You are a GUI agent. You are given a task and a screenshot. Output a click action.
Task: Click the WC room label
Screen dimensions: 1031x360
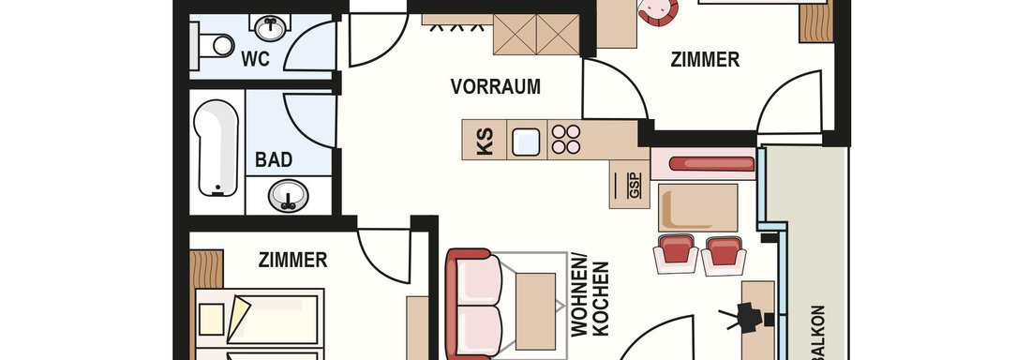pyautogui.click(x=255, y=59)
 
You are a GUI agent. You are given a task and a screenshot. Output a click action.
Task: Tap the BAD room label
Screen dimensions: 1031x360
pyautogui.click(x=274, y=160)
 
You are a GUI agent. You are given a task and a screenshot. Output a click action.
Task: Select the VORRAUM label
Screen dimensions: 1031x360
pyautogui.click(x=495, y=86)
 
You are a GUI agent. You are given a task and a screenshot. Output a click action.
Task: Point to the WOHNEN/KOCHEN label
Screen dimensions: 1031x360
pyautogui.click(x=590, y=299)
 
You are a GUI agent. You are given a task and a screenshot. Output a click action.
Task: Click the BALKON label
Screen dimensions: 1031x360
pyautogui.click(x=818, y=333)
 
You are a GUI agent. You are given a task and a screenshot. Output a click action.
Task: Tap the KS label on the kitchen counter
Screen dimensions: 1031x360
pyautogui.click(x=485, y=142)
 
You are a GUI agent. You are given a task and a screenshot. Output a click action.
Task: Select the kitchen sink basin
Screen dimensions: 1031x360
pyautogui.click(x=526, y=142)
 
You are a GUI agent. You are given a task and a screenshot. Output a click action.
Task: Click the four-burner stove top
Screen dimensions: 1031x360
pyautogui.click(x=566, y=139)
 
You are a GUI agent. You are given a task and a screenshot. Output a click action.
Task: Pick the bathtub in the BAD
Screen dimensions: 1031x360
pyautogui.click(x=217, y=148)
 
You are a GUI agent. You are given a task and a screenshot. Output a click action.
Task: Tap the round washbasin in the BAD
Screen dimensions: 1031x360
pyautogui.click(x=288, y=195)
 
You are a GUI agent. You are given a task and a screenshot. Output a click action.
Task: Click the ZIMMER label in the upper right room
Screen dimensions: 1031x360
pyautogui.click(x=705, y=60)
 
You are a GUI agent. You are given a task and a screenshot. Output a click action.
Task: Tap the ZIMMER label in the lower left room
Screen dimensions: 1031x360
pyautogui.click(x=292, y=260)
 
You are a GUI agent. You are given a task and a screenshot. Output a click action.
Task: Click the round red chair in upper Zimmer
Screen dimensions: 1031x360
pyautogui.click(x=658, y=11)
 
